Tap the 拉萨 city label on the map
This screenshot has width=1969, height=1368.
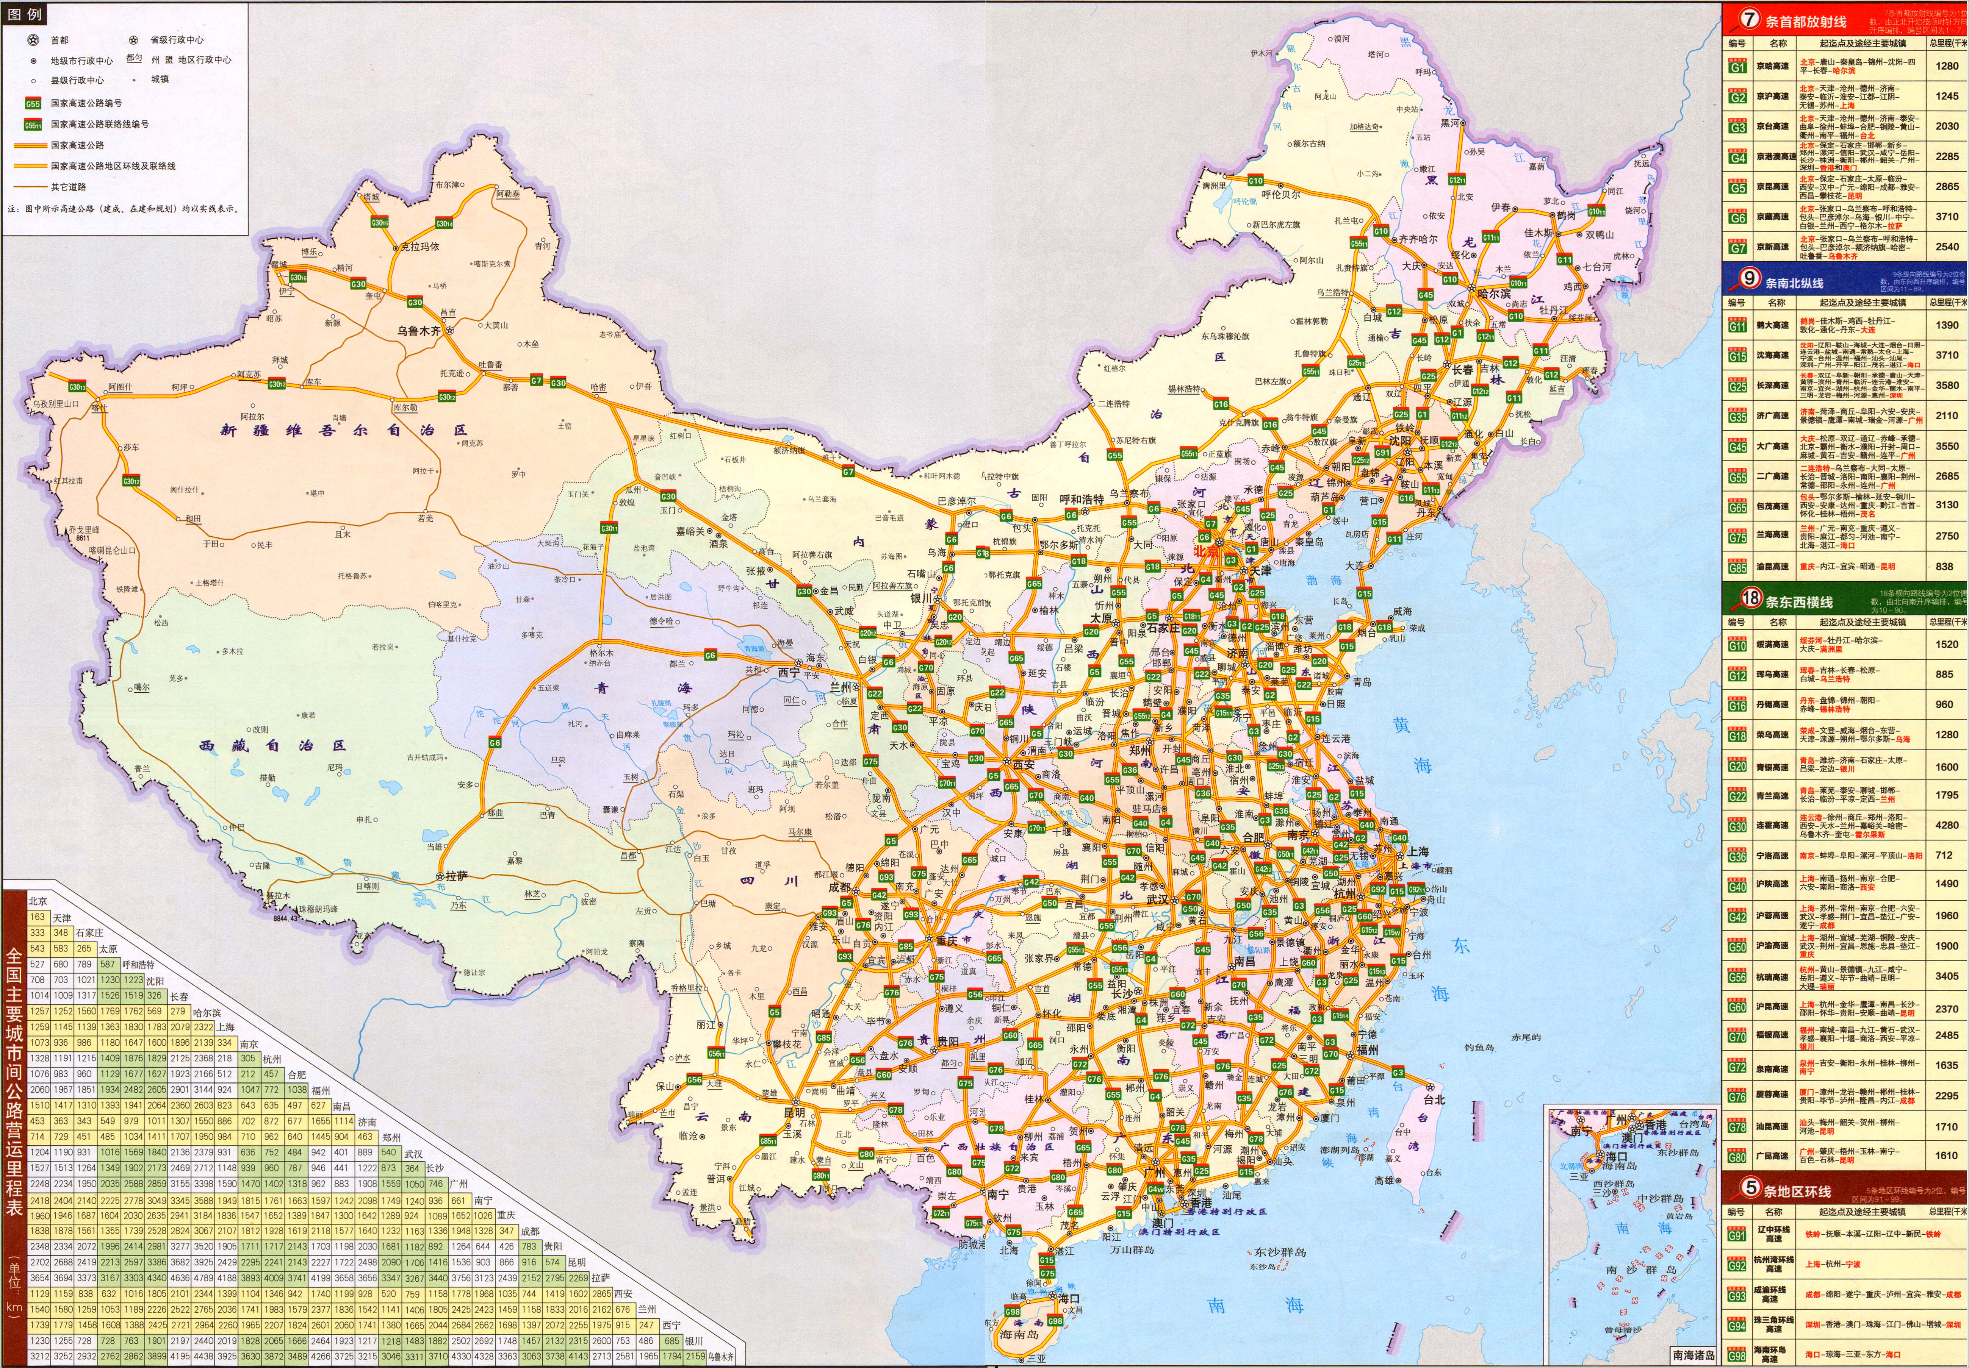click(456, 876)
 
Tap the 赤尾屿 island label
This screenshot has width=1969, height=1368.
click(1526, 1037)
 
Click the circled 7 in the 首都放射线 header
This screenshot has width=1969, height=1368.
click(1748, 19)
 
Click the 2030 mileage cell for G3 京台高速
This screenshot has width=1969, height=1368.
click(1947, 126)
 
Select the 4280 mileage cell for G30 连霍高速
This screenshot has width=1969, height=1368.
click(1947, 825)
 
